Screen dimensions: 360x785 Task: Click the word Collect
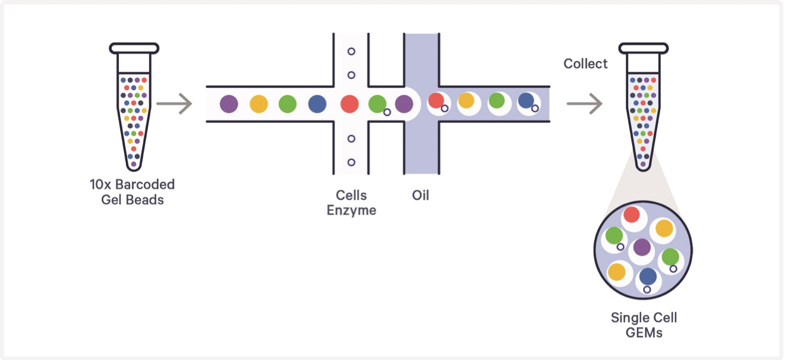tap(585, 64)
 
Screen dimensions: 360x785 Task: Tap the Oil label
tap(420, 195)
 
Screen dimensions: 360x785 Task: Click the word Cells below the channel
tap(351, 195)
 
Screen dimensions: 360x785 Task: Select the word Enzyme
tap(351, 210)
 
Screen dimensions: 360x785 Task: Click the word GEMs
tap(644, 332)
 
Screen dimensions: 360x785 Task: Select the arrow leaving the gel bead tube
tap(175, 104)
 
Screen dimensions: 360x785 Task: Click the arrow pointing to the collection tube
tap(585, 104)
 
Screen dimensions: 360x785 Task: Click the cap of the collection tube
tap(644, 48)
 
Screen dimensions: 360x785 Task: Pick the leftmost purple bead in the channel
tap(229, 104)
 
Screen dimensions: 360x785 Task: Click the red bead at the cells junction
tap(349, 104)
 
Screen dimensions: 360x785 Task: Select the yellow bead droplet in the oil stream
tap(466, 101)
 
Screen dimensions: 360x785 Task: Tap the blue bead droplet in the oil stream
tap(525, 101)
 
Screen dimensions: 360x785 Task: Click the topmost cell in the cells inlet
tap(351, 52)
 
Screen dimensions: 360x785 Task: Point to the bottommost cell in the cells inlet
tap(351, 162)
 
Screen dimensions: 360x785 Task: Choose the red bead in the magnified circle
tap(632, 215)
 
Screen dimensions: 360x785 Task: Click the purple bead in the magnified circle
tap(642, 247)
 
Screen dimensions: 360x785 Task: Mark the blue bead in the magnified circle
tap(648, 276)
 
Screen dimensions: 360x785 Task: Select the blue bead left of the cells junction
tap(317, 104)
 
